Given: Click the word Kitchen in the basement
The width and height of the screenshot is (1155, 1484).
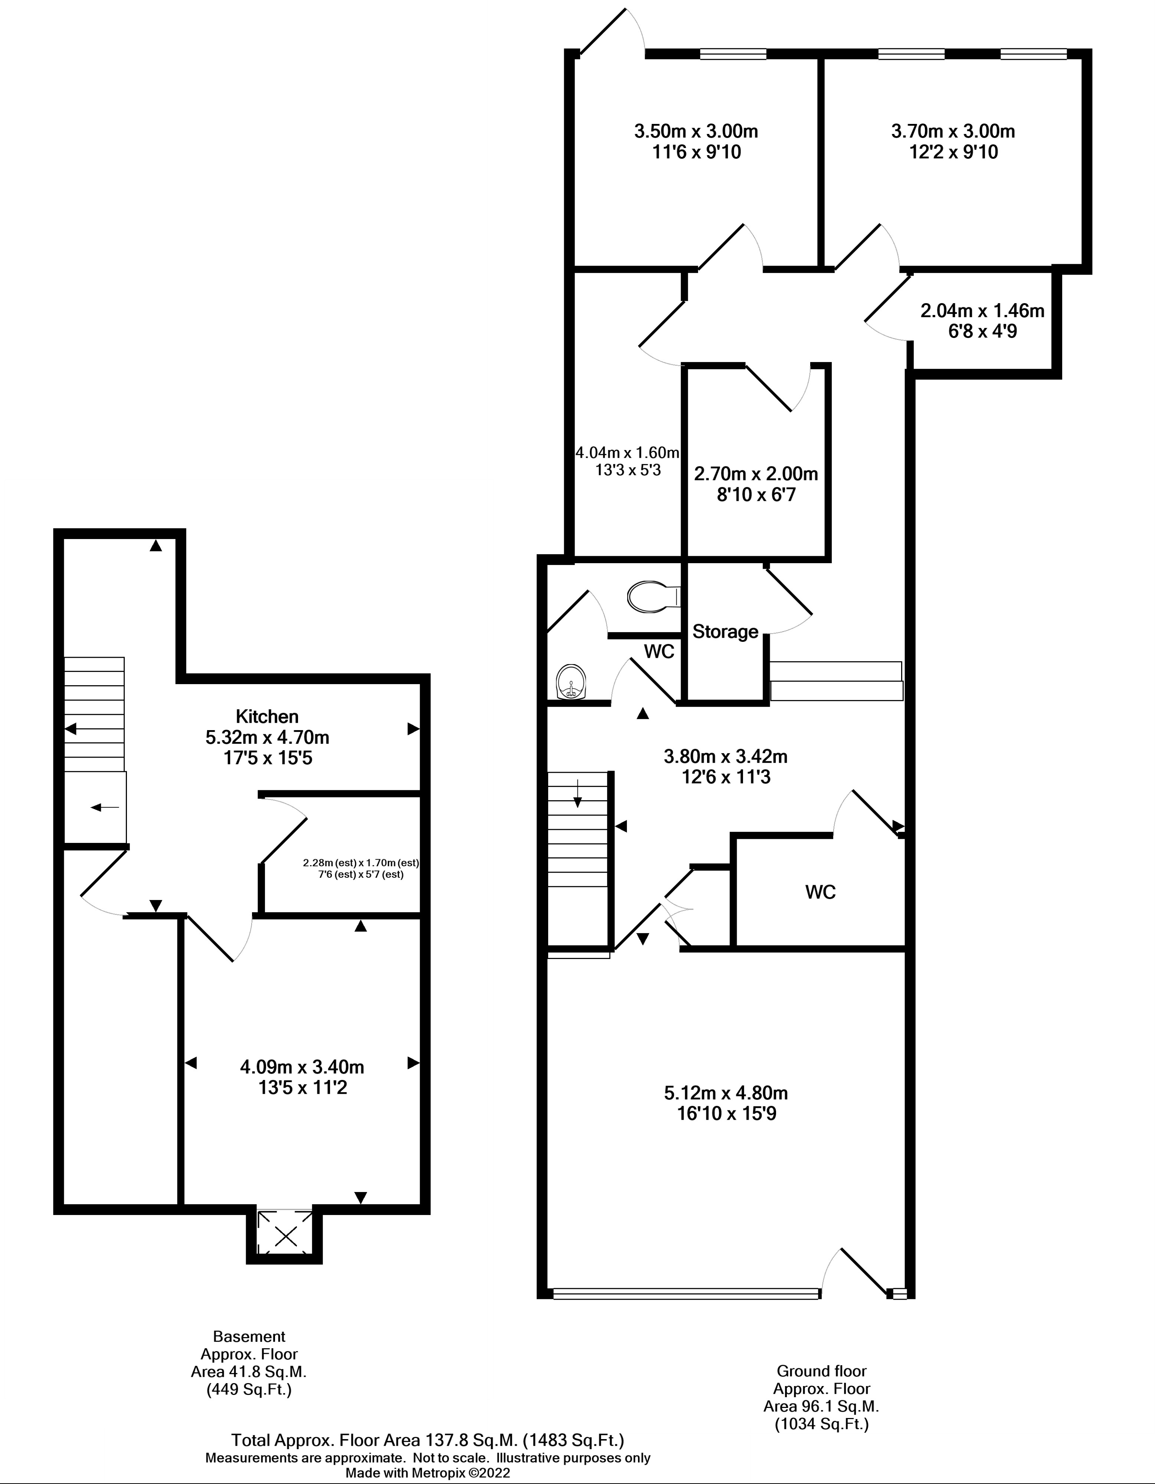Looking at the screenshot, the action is tap(267, 716).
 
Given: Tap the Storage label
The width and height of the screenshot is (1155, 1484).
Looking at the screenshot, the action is tap(725, 632).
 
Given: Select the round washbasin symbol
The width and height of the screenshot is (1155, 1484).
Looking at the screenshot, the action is tap(571, 682).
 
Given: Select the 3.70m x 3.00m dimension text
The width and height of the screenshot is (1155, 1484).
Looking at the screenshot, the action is tap(953, 131).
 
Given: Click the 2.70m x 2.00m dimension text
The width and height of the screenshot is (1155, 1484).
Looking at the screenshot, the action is tap(756, 474).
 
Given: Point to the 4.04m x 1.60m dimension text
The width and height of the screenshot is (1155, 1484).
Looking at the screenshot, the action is tap(628, 452).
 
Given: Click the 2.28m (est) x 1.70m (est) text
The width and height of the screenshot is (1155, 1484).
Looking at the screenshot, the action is tap(361, 863).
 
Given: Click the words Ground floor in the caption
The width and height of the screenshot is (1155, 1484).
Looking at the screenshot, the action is tap(821, 1371).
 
